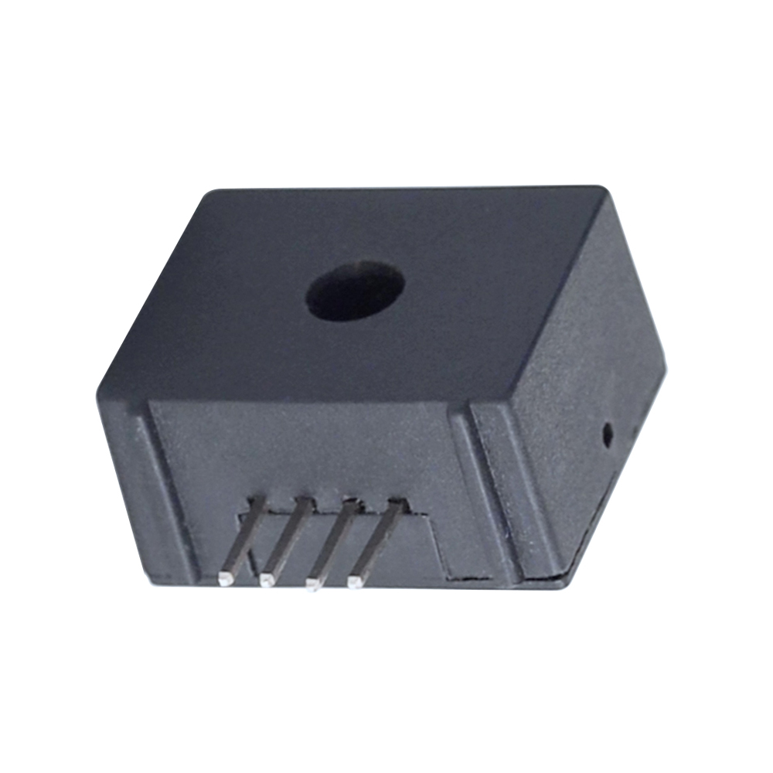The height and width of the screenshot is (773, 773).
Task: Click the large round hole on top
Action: point(356,293)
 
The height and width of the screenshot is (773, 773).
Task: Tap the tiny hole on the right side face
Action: point(608,434)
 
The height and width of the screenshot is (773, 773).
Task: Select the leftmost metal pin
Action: point(242,538)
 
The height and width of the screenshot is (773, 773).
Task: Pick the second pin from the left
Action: point(285,538)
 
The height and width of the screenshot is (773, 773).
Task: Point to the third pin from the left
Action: point(332,540)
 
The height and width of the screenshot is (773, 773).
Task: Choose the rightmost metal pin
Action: point(377,540)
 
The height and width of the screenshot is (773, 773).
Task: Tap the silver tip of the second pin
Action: point(267,579)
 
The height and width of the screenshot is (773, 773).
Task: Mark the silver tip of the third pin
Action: point(313,581)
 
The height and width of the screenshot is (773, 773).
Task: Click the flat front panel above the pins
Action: point(309,448)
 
